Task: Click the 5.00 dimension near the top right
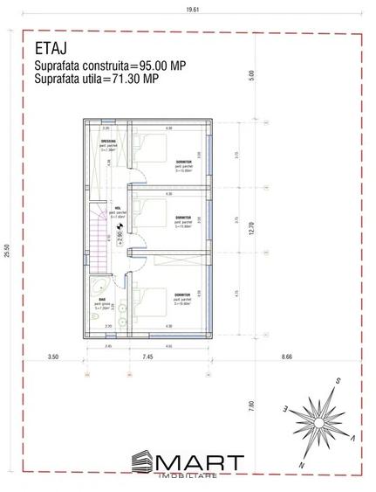tap(250, 75)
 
